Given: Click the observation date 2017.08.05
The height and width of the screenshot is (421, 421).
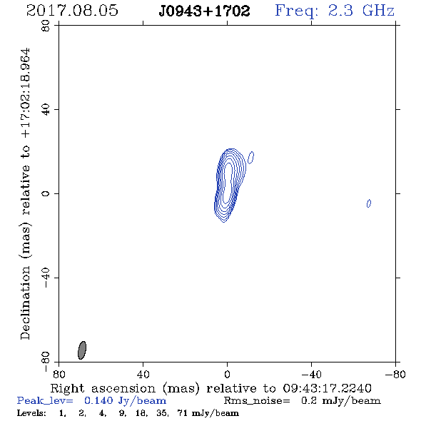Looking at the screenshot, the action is [x=72, y=11].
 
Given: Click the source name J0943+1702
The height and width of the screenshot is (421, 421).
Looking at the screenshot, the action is [x=204, y=11].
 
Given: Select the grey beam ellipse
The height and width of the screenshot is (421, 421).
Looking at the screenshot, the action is [x=82, y=350].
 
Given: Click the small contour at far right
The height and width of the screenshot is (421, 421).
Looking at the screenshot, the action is [x=369, y=203].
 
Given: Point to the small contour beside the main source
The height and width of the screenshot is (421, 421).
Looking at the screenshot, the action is [x=250, y=157].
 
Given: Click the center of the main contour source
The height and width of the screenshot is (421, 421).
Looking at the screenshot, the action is [x=228, y=185].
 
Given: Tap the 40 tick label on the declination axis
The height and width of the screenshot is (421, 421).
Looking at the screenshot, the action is [x=46, y=110].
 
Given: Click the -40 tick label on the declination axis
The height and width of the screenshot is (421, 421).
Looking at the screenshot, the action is [x=46, y=278].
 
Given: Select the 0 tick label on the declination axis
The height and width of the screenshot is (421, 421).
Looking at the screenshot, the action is [x=46, y=193].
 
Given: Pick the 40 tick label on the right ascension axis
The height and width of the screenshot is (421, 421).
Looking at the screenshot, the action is [x=143, y=374].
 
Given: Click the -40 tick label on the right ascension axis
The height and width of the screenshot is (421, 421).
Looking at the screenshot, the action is [x=311, y=374].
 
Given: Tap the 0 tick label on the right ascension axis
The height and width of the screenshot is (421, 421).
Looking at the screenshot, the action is [x=227, y=374].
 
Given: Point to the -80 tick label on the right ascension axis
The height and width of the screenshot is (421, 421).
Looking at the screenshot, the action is [x=395, y=374].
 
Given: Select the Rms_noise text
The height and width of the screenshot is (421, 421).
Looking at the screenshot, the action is [x=257, y=401].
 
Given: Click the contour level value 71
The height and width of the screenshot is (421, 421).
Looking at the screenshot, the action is [x=182, y=412].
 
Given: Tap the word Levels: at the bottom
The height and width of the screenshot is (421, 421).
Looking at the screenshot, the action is [x=31, y=412].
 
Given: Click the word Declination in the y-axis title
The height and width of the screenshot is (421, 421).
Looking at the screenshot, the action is [x=25, y=303].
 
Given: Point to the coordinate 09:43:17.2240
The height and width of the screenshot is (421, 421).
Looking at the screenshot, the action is [x=327, y=388].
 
